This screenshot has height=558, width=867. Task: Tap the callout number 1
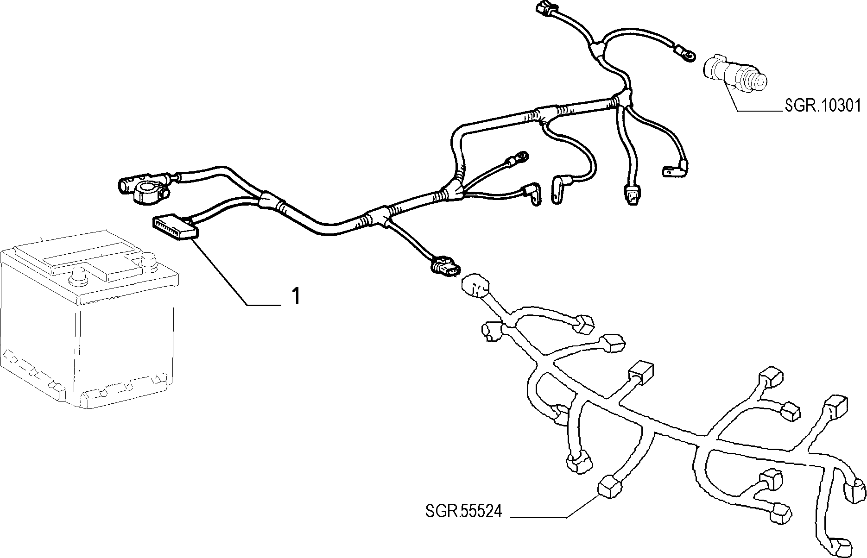[x=296, y=296]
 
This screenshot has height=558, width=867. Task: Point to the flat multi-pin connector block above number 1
[x=174, y=229]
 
